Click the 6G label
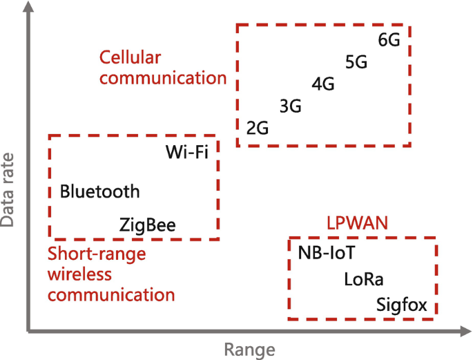point(389,39)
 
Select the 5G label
point(356,62)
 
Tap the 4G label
point(323,84)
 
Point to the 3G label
point(291,106)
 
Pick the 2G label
point(258,129)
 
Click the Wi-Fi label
point(187,151)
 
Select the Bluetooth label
point(100,191)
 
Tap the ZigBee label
point(148,225)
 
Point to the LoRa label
point(364,279)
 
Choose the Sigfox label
point(402,305)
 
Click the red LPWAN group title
point(358,223)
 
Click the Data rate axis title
point(9,190)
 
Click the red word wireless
point(79,274)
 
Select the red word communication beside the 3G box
point(163,78)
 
